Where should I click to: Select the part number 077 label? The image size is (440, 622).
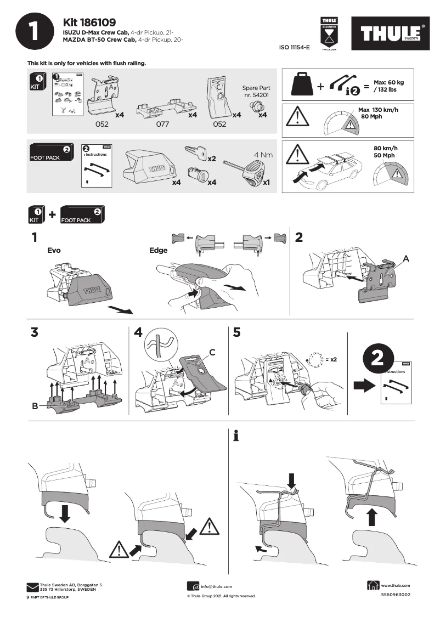click(162, 125)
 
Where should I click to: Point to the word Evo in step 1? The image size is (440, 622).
click(54, 250)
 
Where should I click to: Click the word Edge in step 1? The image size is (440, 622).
click(158, 251)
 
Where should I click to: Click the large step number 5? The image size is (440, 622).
click(236, 332)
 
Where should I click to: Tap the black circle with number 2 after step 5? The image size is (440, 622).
click(377, 358)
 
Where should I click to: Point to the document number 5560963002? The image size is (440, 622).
click(395, 595)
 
